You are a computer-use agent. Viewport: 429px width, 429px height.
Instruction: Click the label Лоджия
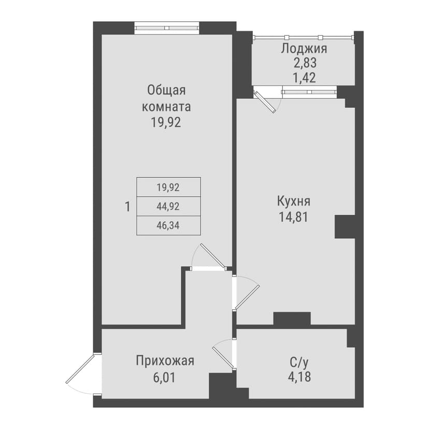click(x=304, y=49)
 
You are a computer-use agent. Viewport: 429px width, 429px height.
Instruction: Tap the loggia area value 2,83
click(x=305, y=63)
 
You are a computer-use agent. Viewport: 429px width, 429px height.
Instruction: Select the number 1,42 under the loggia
click(x=305, y=78)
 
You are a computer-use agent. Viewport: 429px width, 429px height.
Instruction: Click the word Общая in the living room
click(x=166, y=90)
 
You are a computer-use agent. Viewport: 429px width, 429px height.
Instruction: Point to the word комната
click(x=166, y=107)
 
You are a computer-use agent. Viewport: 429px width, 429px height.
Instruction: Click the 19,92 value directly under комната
click(x=166, y=122)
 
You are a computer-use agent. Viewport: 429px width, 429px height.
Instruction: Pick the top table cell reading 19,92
click(x=168, y=188)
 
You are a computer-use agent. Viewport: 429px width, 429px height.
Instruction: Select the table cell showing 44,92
click(x=168, y=207)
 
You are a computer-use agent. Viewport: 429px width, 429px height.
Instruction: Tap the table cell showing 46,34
click(x=168, y=225)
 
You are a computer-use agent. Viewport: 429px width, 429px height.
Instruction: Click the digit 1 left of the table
click(x=127, y=207)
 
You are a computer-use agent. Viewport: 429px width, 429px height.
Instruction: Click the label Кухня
click(x=294, y=202)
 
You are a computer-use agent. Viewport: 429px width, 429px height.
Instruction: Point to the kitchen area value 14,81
click(x=294, y=217)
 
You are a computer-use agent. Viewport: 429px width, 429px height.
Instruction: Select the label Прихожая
click(x=165, y=361)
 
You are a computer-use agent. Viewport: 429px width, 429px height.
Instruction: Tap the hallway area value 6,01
click(x=164, y=378)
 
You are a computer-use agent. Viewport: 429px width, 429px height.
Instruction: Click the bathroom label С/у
click(x=299, y=363)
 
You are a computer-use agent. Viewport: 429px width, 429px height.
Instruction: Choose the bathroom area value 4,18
click(x=299, y=377)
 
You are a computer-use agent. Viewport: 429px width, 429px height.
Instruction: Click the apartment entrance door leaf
click(x=80, y=368)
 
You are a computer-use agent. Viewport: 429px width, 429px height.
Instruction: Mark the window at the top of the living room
click(x=167, y=28)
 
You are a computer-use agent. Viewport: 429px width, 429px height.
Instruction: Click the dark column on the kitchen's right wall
click(x=345, y=226)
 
